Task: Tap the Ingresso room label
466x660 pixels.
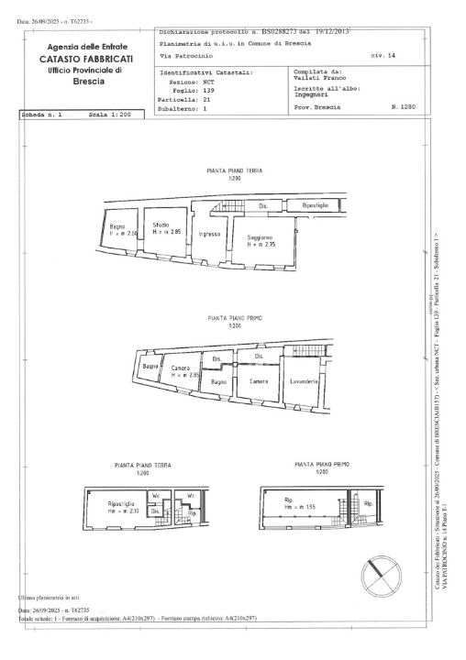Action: point(208,235)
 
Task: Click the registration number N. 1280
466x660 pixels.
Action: point(401,107)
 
